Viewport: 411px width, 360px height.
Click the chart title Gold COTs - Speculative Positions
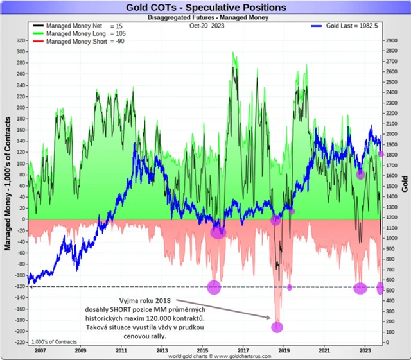pos(206,7)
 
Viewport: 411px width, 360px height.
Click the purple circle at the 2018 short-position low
pos(277,327)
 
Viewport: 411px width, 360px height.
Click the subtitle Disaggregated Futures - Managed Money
pos(206,17)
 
